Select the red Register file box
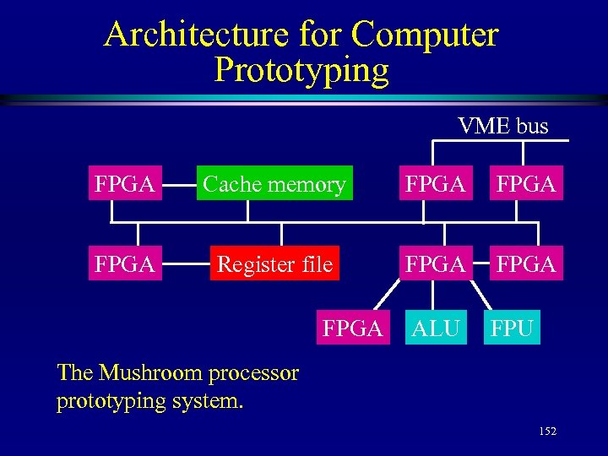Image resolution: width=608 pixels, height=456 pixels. (274, 264)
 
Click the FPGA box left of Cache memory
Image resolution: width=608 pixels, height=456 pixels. (123, 184)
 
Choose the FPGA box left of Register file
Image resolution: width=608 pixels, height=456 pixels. (123, 264)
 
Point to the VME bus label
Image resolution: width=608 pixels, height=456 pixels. (502, 127)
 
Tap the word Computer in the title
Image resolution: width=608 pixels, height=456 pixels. (425, 35)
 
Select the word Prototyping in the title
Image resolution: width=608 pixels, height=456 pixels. (301, 70)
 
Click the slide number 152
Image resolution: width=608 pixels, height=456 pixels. (547, 432)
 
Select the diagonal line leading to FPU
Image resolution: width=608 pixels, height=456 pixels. (481, 296)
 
